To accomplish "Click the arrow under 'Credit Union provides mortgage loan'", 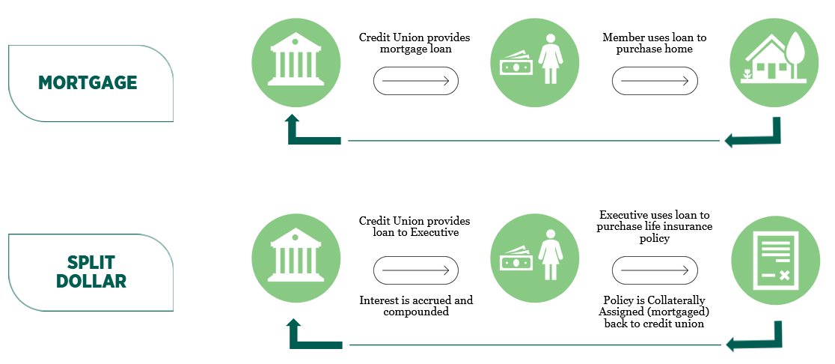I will click(415, 81).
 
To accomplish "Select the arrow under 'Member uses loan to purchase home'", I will click(655, 81).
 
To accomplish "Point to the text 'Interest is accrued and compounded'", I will click(416, 306).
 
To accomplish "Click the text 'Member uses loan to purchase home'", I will click(655, 43).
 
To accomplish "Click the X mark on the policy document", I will click(784, 276).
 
